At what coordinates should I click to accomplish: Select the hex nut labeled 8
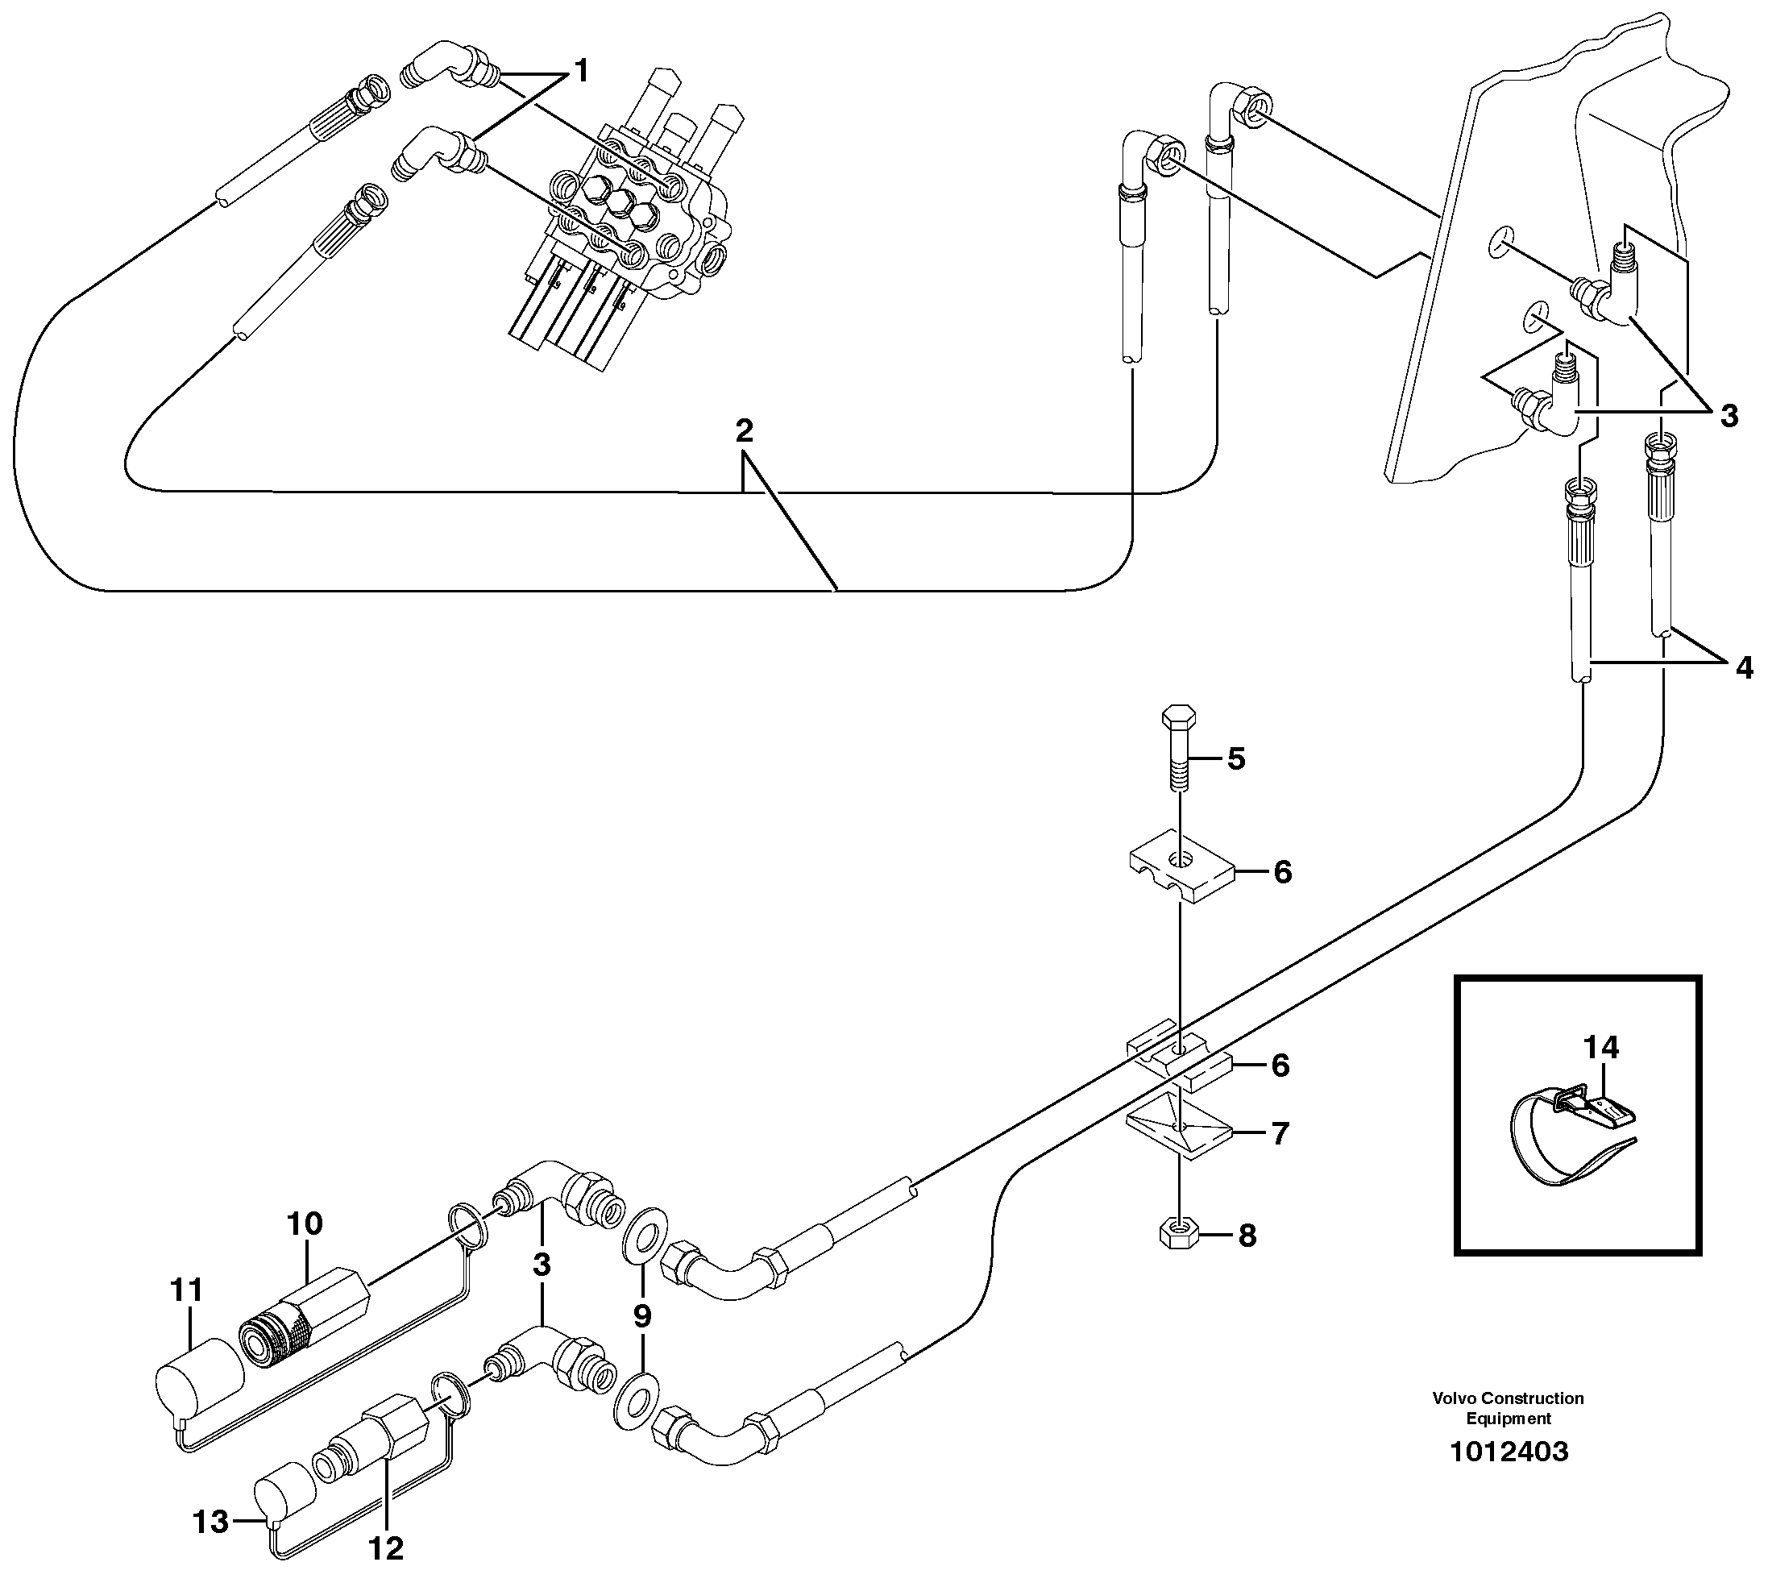pyautogui.click(x=1178, y=1234)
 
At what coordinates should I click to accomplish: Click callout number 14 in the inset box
pyautogui.click(x=1600, y=1046)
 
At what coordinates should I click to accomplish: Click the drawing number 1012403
pyautogui.click(x=1509, y=1452)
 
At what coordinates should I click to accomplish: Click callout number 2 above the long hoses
pyautogui.click(x=744, y=430)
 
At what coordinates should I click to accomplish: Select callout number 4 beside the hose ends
pyautogui.click(x=1744, y=668)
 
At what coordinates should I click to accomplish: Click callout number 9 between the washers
pyautogui.click(x=641, y=1316)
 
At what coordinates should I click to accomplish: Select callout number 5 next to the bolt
pyautogui.click(x=1236, y=758)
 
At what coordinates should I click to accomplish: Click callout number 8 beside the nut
pyautogui.click(x=1247, y=1235)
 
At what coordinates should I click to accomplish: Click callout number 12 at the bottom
pyautogui.click(x=386, y=1548)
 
